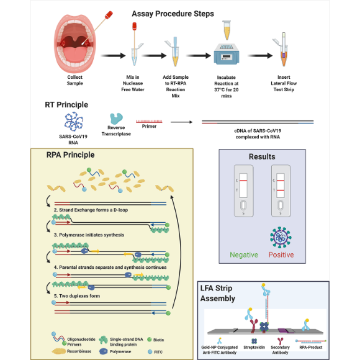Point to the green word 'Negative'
pos(244,254)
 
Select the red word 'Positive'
pos(281,254)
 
